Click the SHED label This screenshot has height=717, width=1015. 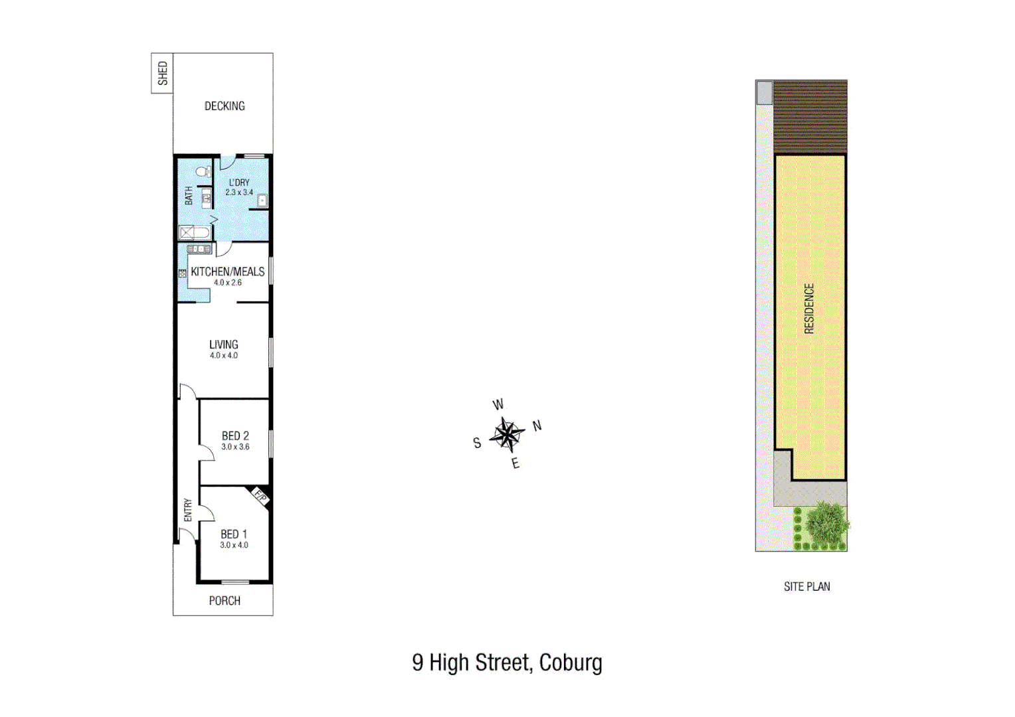coord(163,73)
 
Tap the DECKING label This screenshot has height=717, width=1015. coord(225,106)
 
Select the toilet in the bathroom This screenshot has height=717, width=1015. coord(204,172)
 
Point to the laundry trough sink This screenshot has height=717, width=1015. coord(262,200)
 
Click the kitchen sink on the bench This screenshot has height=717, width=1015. coord(199,249)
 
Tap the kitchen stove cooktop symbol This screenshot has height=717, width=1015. coord(182,273)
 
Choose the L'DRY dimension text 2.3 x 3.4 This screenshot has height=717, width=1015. coord(239,193)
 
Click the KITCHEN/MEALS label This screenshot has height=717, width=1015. coord(227,272)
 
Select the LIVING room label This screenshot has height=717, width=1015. coord(224,345)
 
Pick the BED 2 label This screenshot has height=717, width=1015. coord(235,436)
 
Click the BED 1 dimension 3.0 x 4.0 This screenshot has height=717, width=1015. coord(234,545)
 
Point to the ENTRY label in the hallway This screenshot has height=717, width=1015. coord(188,510)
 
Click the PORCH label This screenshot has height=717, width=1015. coord(225,601)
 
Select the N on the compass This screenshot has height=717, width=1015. coord(537,426)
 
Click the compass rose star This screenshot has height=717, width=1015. coord(507,435)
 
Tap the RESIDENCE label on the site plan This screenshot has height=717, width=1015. coord(809,309)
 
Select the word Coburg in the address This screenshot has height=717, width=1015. coord(571,663)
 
